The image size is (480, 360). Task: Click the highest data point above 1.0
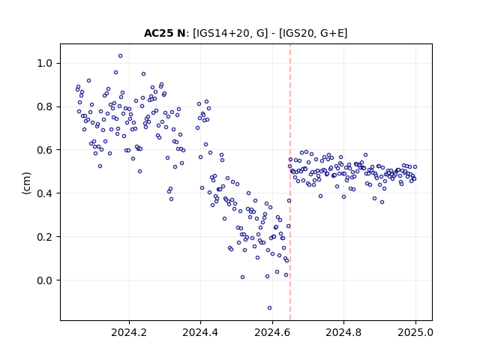point(120,56)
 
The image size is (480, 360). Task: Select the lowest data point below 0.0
point(269,308)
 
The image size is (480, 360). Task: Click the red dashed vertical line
point(290,182)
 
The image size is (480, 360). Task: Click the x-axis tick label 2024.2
point(129,332)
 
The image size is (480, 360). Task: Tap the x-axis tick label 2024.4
point(200,332)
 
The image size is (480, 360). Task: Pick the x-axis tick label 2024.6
point(272,332)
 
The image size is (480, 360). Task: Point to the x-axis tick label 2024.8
point(343,332)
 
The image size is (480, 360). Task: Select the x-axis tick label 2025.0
point(415,332)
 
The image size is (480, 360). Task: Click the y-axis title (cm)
point(27,183)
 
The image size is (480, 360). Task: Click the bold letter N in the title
point(181,33)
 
